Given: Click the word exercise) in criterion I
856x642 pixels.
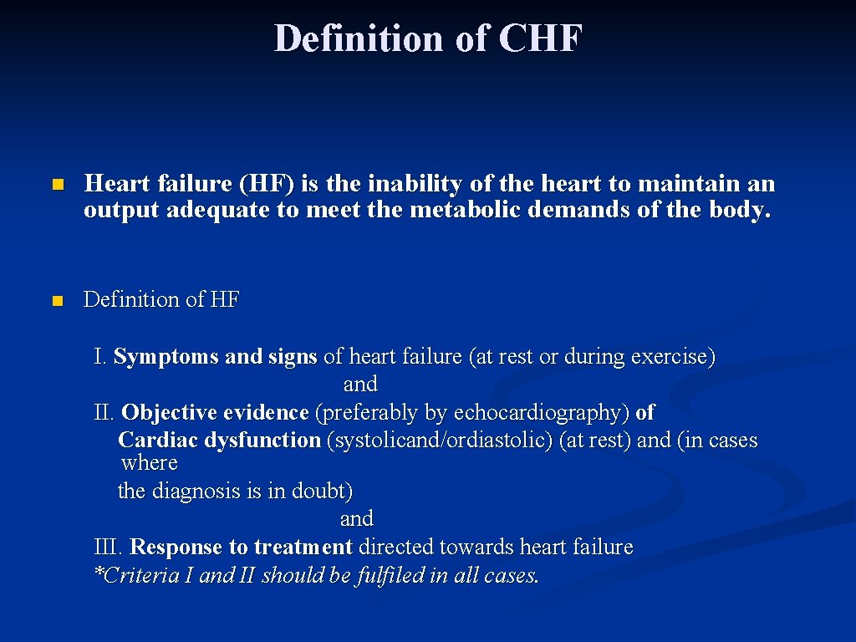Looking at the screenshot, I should click(x=673, y=357).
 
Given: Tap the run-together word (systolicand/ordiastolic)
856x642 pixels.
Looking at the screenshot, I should click(x=441, y=441).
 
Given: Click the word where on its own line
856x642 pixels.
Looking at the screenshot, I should click(x=150, y=463).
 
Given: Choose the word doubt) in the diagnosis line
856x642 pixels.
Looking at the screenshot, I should click(x=322, y=492).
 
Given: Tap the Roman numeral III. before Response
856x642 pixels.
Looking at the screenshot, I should click(x=109, y=548).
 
